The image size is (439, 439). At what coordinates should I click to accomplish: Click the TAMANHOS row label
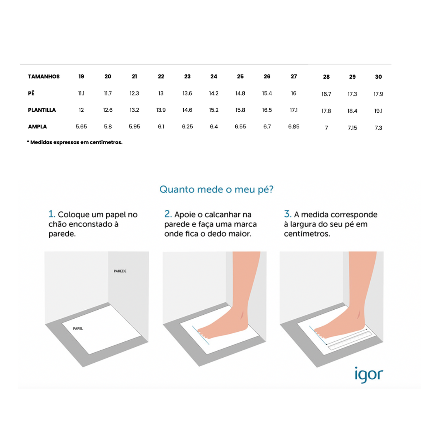pyautogui.click(x=43, y=76)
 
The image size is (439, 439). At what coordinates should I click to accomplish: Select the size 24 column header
pyautogui.click(x=214, y=76)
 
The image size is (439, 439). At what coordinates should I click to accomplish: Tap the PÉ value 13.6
pyautogui.click(x=187, y=93)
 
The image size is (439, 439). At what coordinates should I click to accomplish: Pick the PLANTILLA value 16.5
pyautogui.click(x=267, y=110)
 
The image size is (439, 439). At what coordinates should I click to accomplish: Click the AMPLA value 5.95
pyautogui.click(x=135, y=126)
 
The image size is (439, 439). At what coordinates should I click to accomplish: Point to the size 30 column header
pyautogui.click(x=378, y=77)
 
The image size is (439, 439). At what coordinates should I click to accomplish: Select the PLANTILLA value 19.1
pyautogui.click(x=378, y=111)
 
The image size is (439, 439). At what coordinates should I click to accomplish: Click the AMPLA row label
pyautogui.click(x=37, y=126)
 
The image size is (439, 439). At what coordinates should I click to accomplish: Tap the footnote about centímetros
pyautogui.click(x=74, y=142)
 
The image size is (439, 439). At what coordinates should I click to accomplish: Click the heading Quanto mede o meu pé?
pyautogui.click(x=216, y=189)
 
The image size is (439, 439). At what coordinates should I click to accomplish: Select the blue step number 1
pyautogui.click(x=52, y=214)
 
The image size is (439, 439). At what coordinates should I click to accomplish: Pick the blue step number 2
pyautogui.click(x=168, y=214)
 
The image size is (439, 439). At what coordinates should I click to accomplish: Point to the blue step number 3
pyautogui.click(x=287, y=214)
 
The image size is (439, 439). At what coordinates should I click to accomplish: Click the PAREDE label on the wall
pyautogui.click(x=120, y=271)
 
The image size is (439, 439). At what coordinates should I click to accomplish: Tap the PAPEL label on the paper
pyautogui.click(x=78, y=328)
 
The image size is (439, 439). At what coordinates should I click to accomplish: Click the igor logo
pyautogui.click(x=369, y=375)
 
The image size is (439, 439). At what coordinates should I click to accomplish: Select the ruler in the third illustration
pyautogui.click(x=350, y=341)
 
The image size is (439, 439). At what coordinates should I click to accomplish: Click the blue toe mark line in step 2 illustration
pyautogui.click(x=200, y=335)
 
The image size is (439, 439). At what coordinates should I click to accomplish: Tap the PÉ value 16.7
pyautogui.click(x=326, y=94)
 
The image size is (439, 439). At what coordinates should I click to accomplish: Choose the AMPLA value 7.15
pyautogui.click(x=352, y=128)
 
